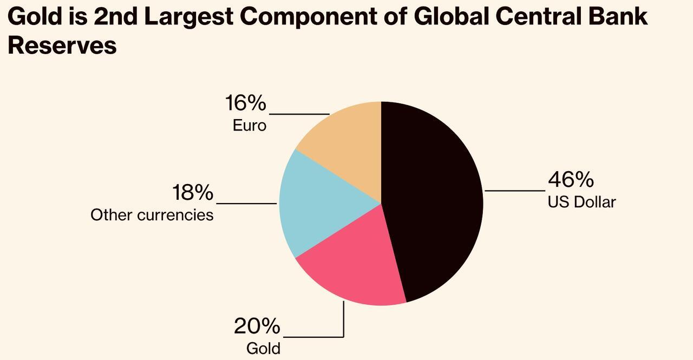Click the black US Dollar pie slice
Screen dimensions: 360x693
point(433,200)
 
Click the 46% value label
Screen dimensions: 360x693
point(571,179)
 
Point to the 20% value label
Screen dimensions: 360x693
point(257,326)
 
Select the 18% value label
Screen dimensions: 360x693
point(193,192)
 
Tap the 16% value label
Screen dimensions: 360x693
point(246,103)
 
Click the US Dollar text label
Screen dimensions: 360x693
point(581,202)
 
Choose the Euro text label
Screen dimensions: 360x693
point(250,126)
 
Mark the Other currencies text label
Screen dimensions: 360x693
point(152,215)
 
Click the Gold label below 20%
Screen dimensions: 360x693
point(264,348)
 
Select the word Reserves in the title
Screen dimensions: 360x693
point(62,45)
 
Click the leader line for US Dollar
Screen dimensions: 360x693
point(514,191)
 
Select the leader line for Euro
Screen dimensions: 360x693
point(299,114)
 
